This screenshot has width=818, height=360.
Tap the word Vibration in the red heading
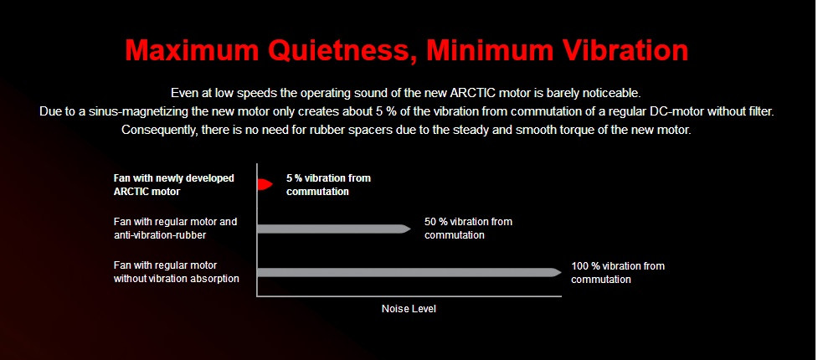coord(622,50)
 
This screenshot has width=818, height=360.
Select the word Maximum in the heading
coord(193,50)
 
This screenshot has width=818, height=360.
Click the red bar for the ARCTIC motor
coord(265,183)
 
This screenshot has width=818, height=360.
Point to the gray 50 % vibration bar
coord(334,229)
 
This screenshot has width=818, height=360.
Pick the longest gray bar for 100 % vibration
coord(409,272)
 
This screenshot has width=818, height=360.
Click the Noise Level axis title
coord(409,309)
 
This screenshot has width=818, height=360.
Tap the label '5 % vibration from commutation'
coord(329,185)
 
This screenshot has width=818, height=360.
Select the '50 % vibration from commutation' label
coord(469,229)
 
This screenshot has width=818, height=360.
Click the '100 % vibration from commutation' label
coord(618,273)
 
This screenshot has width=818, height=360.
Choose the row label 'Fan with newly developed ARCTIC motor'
coord(173,185)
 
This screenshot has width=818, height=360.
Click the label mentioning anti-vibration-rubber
coord(175,229)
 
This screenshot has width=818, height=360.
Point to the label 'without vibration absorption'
coord(177,279)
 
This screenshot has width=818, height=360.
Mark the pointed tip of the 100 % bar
coord(561,272)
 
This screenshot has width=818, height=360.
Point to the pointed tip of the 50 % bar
coord(410,229)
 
